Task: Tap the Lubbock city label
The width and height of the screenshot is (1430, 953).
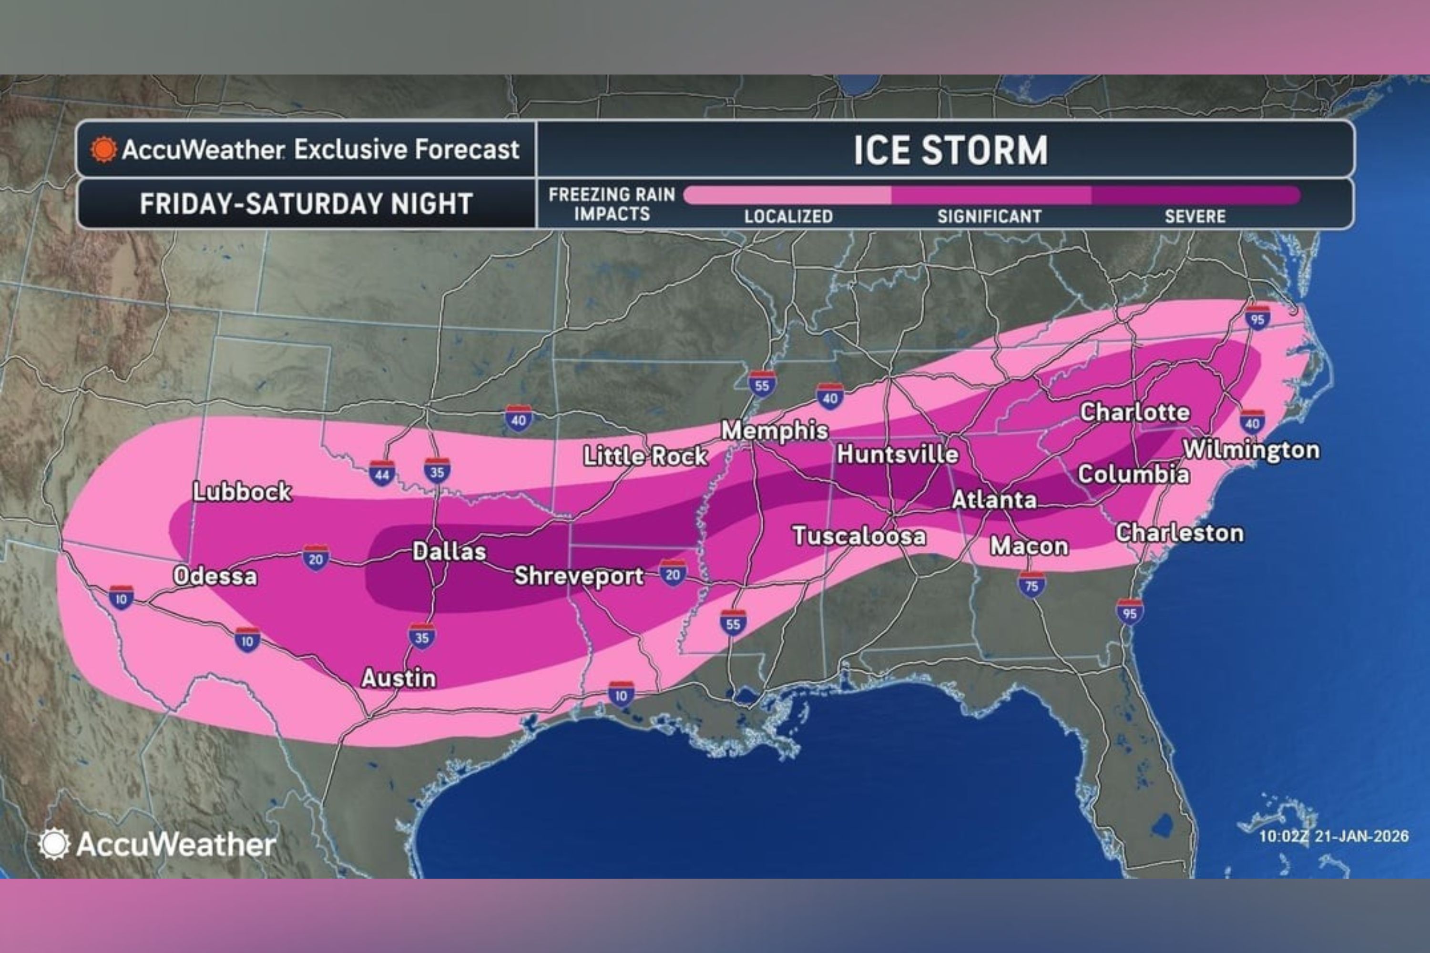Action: click(x=242, y=492)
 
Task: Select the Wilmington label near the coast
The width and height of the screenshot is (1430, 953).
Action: click(x=1251, y=450)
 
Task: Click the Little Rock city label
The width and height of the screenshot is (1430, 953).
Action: click(x=645, y=456)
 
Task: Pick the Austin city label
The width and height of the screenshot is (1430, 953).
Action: click(x=399, y=678)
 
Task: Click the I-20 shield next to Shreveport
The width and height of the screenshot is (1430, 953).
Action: click(x=673, y=573)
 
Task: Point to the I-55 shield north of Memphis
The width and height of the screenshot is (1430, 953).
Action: click(x=762, y=384)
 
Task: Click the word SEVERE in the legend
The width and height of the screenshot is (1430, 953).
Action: click(x=1195, y=216)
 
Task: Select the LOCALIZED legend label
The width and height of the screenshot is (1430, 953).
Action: click(x=788, y=216)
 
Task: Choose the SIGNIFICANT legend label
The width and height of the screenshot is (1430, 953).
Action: click(x=989, y=216)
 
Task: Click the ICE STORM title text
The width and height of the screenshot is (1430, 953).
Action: click(x=951, y=150)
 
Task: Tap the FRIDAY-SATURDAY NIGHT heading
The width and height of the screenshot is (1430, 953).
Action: click(x=306, y=203)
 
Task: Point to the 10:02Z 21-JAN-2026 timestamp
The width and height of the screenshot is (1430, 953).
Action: click(x=1333, y=836)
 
